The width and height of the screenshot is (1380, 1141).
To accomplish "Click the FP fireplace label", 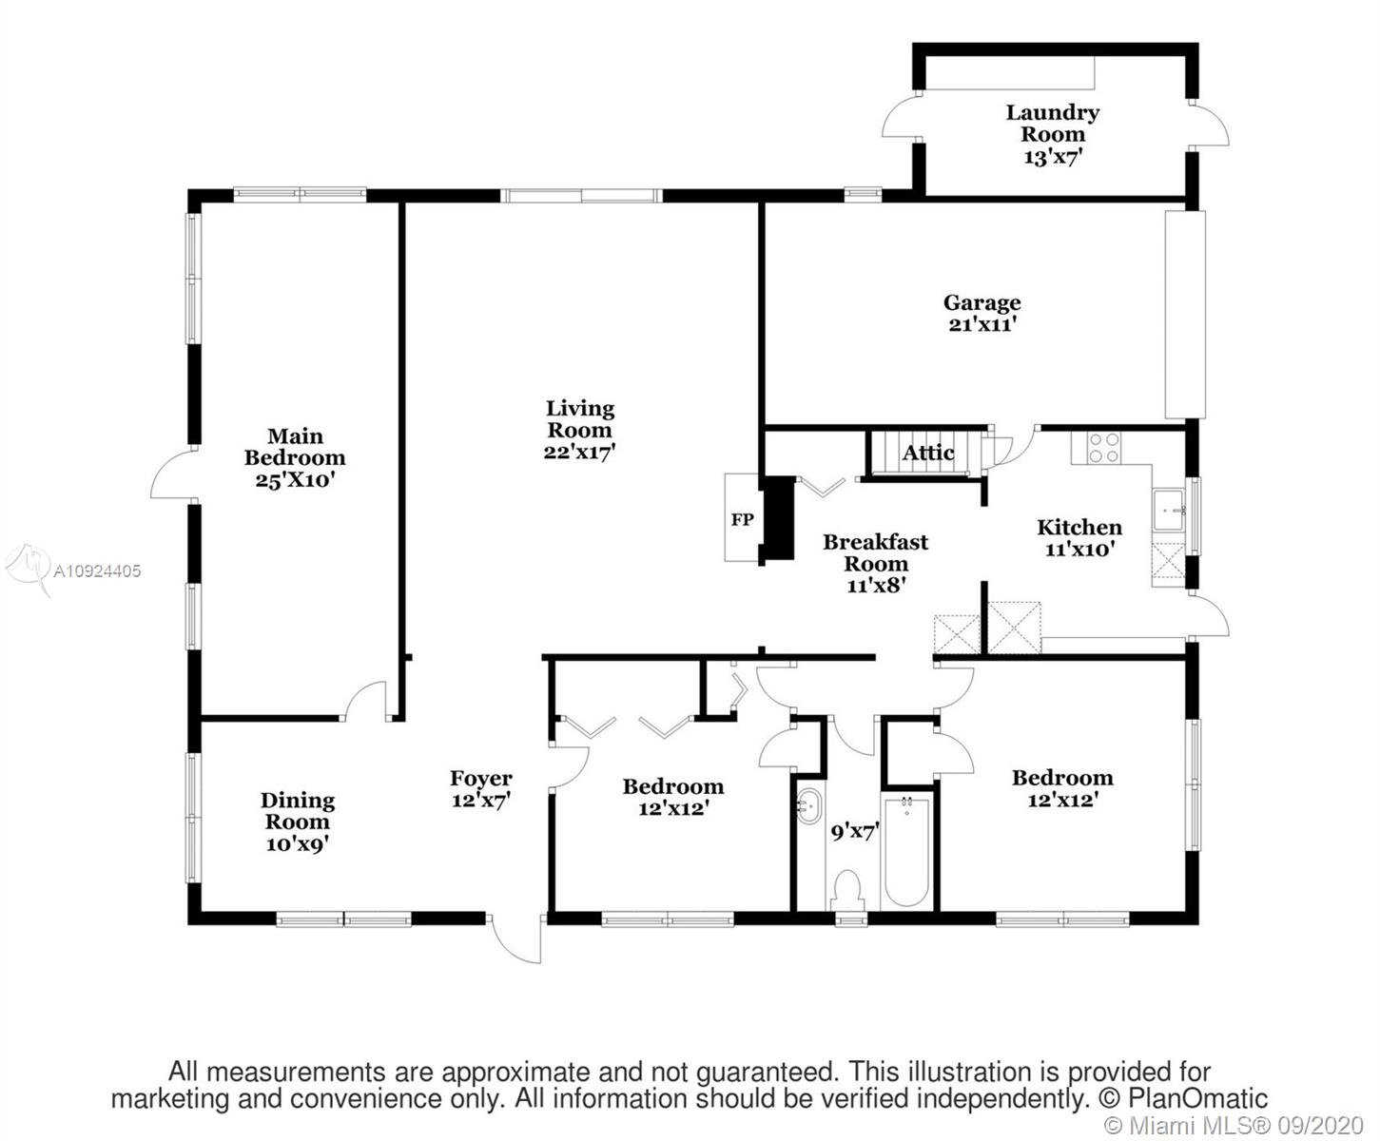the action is [742, 519].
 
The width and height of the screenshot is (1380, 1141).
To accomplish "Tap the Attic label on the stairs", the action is [928, 453].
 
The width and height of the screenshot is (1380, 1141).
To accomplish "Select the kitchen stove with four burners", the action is [1104, 447].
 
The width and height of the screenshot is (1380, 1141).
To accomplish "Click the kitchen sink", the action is [1169, 510].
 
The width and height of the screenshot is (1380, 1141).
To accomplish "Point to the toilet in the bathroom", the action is [848, 891].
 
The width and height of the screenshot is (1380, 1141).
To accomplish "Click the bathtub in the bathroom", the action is [906, 852].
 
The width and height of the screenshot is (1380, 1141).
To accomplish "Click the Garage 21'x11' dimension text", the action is [982, 324].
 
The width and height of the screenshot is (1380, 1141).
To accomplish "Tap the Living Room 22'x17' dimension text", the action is [579, 452].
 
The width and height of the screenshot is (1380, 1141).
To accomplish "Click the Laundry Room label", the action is [1053, 123].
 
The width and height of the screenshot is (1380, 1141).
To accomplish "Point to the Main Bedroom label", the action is [295, 447].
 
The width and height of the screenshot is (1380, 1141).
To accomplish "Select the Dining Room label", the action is [298, 811].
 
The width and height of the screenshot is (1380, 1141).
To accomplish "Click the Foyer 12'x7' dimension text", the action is [481, 800].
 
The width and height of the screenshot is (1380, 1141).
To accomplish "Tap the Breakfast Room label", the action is [876, 552].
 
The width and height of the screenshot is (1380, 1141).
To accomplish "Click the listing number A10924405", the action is [97, 570].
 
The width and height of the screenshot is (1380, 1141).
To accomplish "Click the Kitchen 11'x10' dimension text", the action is [1080, 549].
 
